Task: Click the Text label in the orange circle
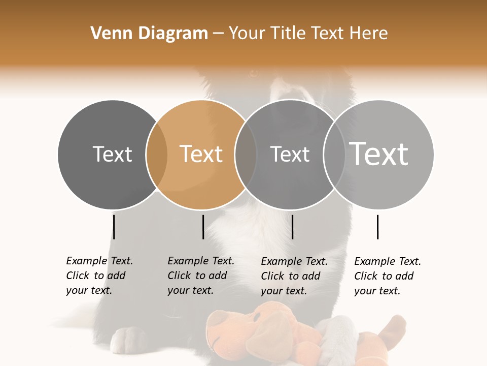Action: pos(201,154)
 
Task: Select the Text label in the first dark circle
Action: pos(112,154)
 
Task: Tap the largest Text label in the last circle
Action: pos(379,154)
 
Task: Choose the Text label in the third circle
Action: pos(290,154)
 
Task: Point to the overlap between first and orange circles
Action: pos(157,155)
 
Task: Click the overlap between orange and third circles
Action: pos(246,155)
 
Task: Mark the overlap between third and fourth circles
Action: pos(334,155)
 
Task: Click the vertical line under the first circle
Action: pos(114,227)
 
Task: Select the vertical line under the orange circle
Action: pos(203,227)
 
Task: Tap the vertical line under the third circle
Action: pos(293,227)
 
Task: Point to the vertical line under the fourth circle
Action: pos(377,227)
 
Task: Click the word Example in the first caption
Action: pos(86,261)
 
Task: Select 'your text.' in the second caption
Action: pos(190,290)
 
